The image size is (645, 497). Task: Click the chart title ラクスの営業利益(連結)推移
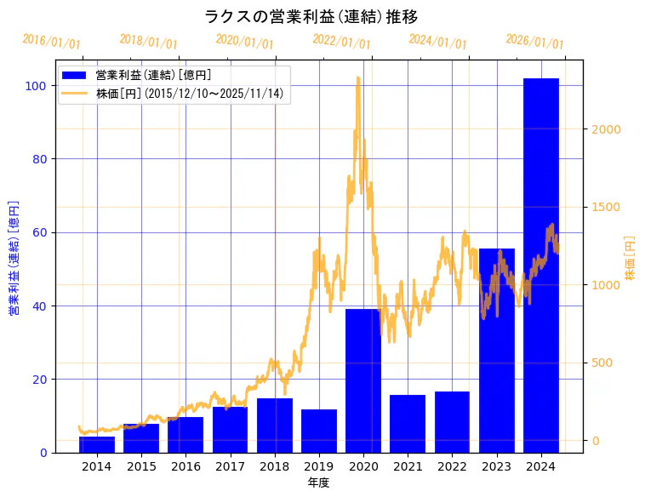[x=311, y=17]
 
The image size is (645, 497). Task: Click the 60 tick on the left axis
[x=38, y=232]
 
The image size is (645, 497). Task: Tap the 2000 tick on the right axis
[x=606, y=129]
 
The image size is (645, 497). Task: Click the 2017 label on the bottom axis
[x=230, y=466]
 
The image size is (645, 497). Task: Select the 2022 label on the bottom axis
[x=452, y=466]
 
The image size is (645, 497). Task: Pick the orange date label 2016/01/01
[x=52, y=42]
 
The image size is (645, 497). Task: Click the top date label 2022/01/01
[x=342, y=41]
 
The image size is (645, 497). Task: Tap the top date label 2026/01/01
[x=535, y=41]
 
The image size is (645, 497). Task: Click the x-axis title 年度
[x=319, y=483]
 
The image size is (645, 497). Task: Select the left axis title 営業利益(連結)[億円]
[x=14, y=258]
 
